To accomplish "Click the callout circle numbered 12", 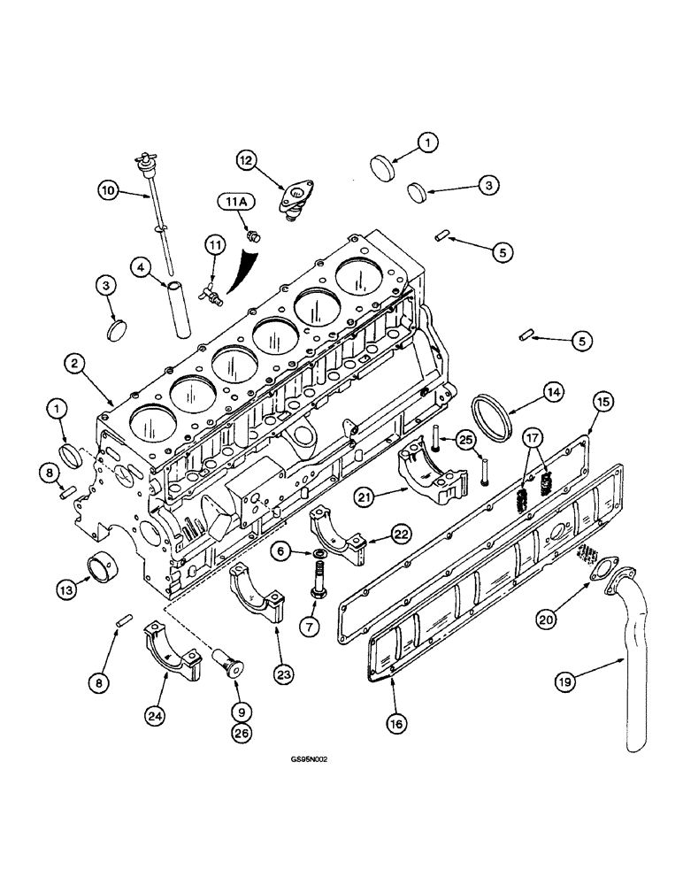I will coord(245,159).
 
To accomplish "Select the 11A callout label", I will coord(237,203).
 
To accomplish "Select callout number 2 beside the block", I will coord(74,362).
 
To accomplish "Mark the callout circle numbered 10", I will coord(107,189).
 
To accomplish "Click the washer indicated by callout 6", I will coord(317,553).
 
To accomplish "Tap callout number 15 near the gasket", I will coord(602,403).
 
